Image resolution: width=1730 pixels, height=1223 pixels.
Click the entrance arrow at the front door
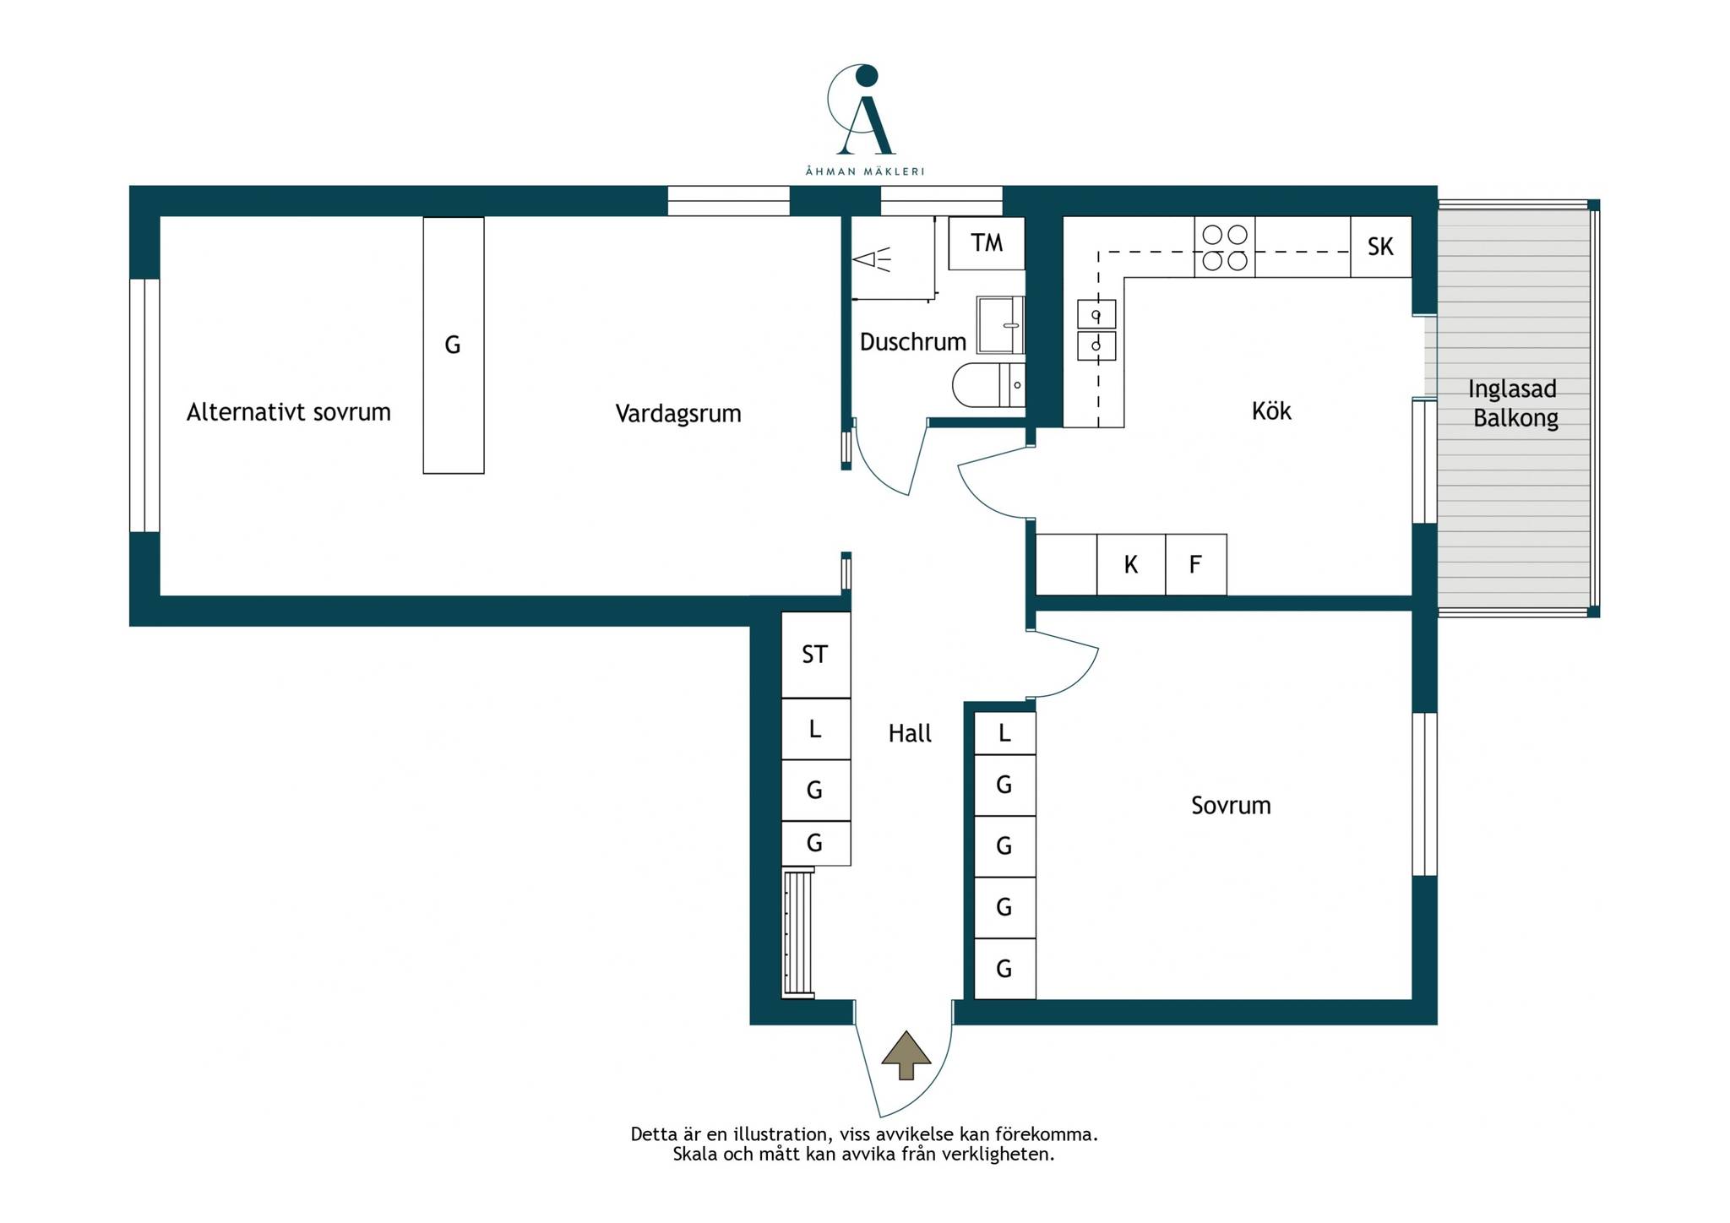coord(906,1056)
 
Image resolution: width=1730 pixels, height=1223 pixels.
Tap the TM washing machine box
coord(987,243)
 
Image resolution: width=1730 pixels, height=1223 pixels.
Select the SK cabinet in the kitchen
coord(1380,247)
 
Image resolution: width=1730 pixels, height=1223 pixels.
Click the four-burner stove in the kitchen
coord(1225,247)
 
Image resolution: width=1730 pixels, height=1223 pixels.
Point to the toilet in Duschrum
coord(988,385)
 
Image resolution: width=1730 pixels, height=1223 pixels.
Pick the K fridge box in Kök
coord(1131,564)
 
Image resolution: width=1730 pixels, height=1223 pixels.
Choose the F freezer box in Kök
coord(1196,564)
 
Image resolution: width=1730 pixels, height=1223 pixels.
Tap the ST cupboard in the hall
coord(816,655)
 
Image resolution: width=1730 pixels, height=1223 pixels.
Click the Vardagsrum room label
coord(678,414)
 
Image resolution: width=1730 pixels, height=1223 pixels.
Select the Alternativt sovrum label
coord(289,412)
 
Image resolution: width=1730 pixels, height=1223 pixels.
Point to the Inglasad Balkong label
coord(1513,403)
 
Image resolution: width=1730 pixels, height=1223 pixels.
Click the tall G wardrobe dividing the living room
coord(454,345)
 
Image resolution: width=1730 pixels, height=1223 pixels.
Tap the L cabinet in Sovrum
coord(1005,732)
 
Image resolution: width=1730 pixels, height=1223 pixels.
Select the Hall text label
coord(910,733)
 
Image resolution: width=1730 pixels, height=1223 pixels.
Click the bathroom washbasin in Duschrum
coord(1000,324)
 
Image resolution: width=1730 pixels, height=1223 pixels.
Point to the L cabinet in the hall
coord(816,729)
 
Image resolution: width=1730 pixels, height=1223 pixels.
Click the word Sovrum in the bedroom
coord(1231,806)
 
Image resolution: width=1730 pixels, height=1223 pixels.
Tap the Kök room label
coord(1271,411)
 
